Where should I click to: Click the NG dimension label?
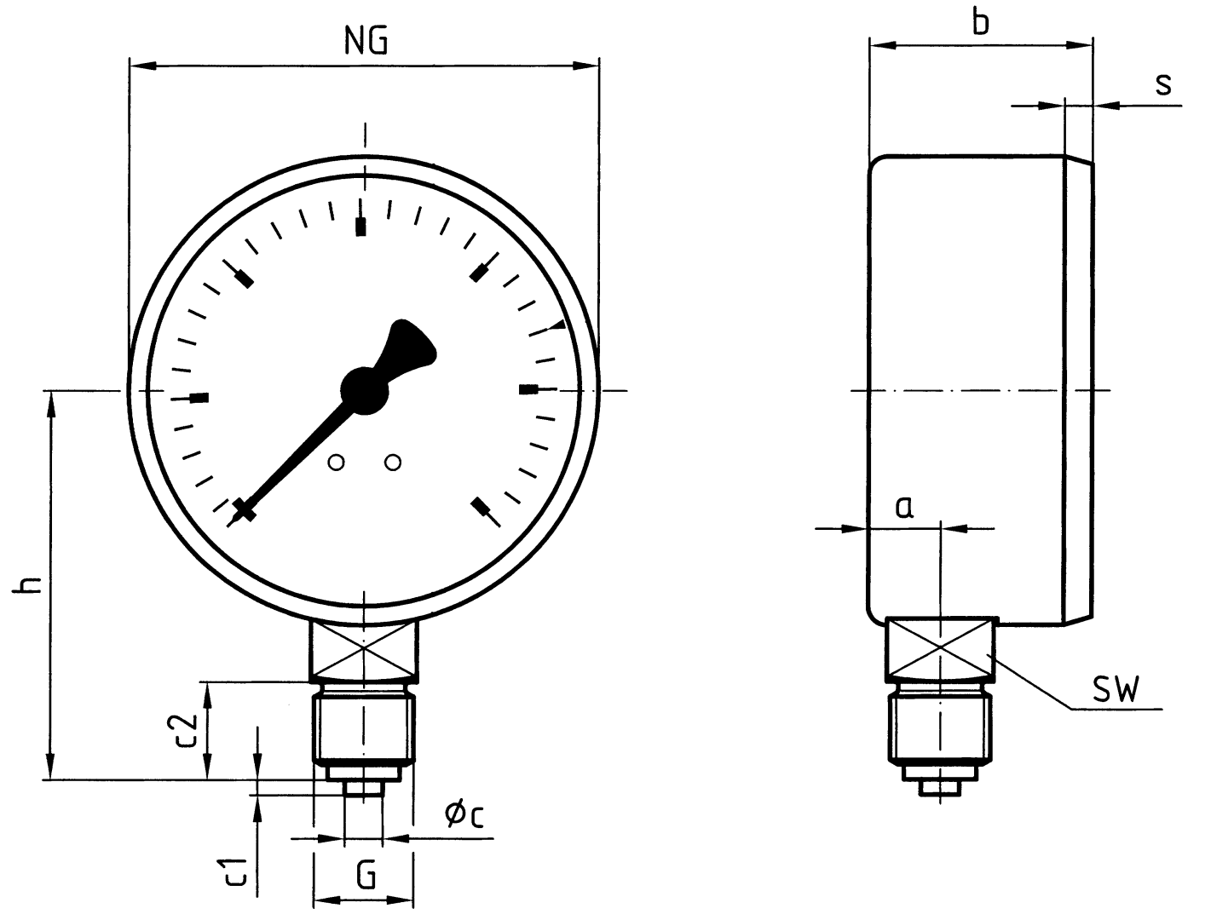[366, 40]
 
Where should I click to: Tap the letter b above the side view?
[981, 20]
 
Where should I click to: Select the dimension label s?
[1163, 83]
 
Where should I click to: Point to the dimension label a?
[904, 508]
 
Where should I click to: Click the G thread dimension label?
[366, 875]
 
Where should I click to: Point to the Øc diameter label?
[464, 815]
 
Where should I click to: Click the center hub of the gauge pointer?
[365, 391]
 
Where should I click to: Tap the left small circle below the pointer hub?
[337, 463]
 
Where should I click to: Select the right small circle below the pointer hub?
[393, 463]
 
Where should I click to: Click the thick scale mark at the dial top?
[361, 226]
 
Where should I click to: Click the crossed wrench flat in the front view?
[365, 648]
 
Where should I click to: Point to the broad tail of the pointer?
[411, 348]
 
